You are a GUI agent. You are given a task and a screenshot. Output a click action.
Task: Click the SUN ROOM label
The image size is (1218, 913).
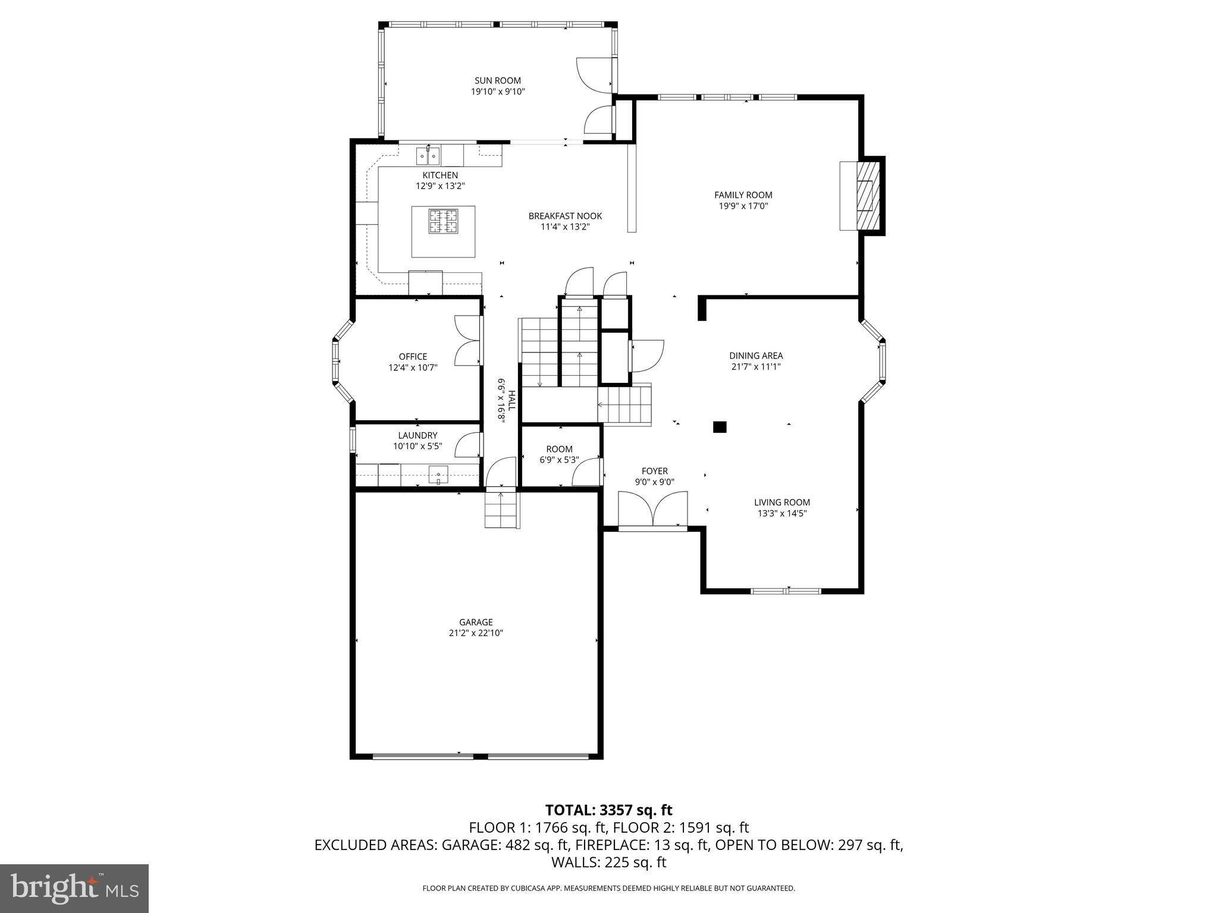click(497, 81)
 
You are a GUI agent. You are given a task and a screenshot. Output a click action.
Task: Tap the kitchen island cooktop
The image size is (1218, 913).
click(444, 221)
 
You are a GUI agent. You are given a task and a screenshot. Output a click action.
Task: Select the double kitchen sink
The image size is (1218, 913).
click(428, 156)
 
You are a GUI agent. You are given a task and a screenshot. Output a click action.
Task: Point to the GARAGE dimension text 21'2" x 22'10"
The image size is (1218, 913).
click(476, 634)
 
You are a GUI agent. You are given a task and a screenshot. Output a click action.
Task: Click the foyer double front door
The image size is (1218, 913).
click(652, 509)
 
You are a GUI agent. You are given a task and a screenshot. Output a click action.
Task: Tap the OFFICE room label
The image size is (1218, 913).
click(413, 357)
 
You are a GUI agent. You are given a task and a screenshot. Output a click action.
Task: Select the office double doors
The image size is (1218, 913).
click(468, 341)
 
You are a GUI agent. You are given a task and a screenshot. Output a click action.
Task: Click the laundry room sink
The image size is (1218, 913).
click(438, 474)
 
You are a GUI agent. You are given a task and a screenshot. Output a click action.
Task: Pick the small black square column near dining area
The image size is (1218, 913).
click(720, 427)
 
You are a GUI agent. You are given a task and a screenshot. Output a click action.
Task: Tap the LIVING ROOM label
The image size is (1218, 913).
click(782, 502)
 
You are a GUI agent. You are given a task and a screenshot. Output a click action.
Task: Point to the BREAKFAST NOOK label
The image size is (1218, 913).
click(565, 216)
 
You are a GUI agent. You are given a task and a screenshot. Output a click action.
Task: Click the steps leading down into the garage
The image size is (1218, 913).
click(502, 510)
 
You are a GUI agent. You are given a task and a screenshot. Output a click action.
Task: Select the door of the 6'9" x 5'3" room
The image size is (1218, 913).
click(588, 473)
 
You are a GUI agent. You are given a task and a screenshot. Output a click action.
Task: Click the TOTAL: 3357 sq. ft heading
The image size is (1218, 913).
click(608, 810)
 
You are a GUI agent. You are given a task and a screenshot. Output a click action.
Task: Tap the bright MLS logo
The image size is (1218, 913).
click(74, 888)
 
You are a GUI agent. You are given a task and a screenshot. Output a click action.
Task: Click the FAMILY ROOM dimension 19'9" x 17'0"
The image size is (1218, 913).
click(743, 206)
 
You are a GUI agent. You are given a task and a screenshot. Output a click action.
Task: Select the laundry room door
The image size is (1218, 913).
click(469, 445)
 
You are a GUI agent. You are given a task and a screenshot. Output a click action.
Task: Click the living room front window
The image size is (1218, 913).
click(786, 591)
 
